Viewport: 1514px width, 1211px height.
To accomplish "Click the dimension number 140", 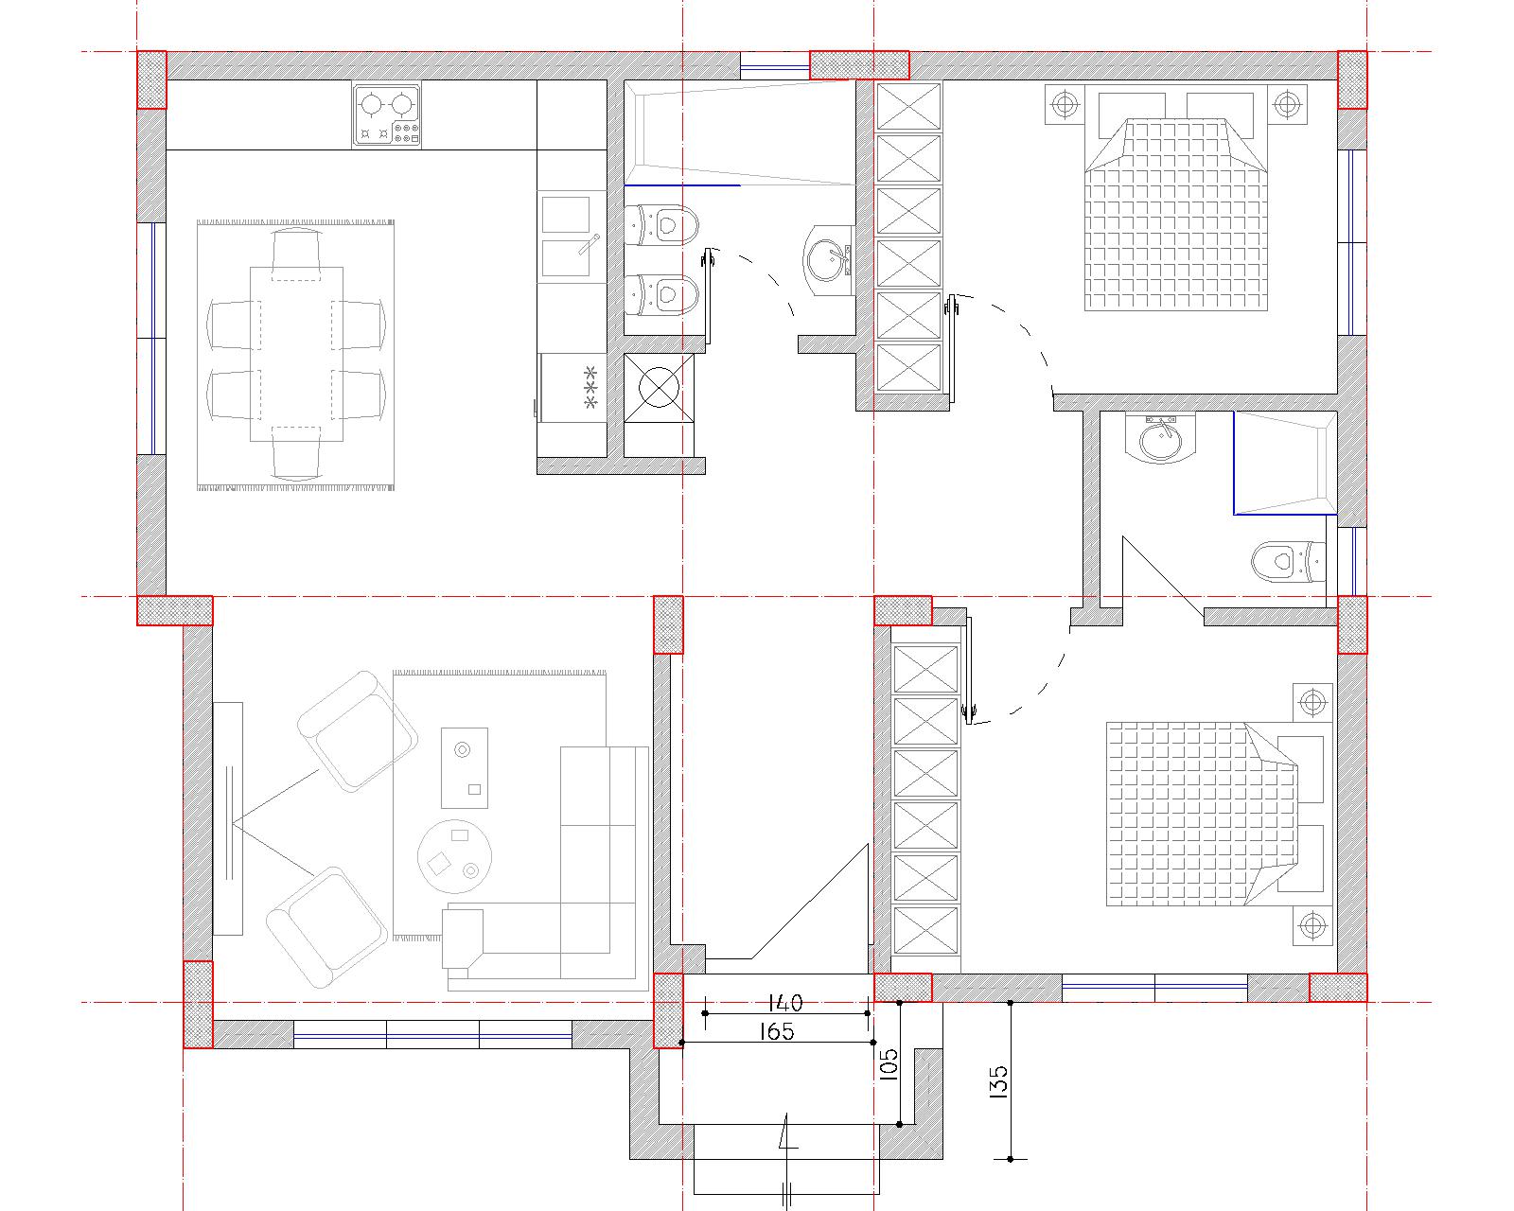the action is click(x=784, y=1001).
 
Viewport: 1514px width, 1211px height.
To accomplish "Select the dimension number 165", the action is click(x=777, y=1031).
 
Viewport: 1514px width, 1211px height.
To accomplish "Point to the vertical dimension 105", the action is click(x=889, y=1064).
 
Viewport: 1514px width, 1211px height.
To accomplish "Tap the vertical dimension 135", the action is click(x=999, y=1081).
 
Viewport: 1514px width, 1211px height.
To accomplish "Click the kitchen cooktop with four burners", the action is click(x=386, y=116).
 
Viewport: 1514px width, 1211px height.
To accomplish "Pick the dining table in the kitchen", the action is click(x=297, y=354).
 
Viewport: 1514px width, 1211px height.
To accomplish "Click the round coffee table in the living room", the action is click(x=454, y=856).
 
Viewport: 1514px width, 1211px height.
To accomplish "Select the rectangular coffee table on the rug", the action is click(x=465, y=767).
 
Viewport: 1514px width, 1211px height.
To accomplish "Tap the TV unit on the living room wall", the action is click(x=228, y=818).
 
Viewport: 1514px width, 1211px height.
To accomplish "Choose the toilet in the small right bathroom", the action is click(x=1289, y=561).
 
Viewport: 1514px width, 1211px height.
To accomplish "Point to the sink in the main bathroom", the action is click(x=828, y=260).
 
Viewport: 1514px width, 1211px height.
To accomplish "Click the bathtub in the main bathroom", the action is click(x=739, y=132).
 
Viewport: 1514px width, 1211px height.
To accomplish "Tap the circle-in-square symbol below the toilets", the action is click(x=659, y=388).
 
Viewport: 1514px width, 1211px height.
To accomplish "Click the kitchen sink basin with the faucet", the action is click(x=567, y=257).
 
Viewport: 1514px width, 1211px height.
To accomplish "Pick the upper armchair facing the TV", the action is click(x=358, y=731).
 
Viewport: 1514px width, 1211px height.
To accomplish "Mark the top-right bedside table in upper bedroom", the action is click(x=1287, y=105).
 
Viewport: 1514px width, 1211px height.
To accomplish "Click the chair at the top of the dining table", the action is click(x=296, y=252).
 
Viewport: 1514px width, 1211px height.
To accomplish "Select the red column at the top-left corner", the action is click(x=151, y=79).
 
